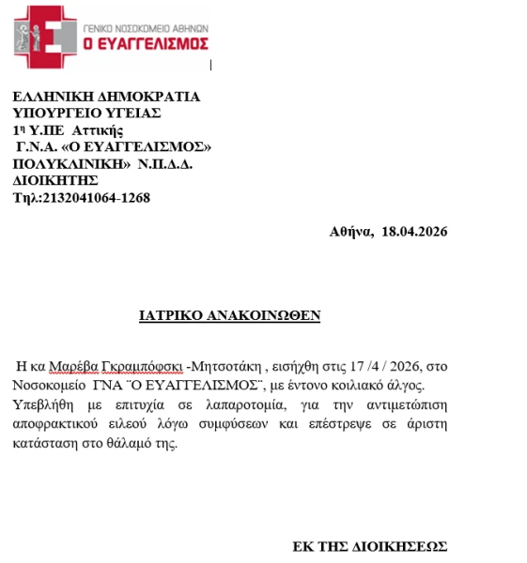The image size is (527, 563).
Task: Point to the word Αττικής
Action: pos(99,129)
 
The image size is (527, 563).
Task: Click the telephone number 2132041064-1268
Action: pos(96,197)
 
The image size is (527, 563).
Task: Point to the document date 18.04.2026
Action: pos(415,232)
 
